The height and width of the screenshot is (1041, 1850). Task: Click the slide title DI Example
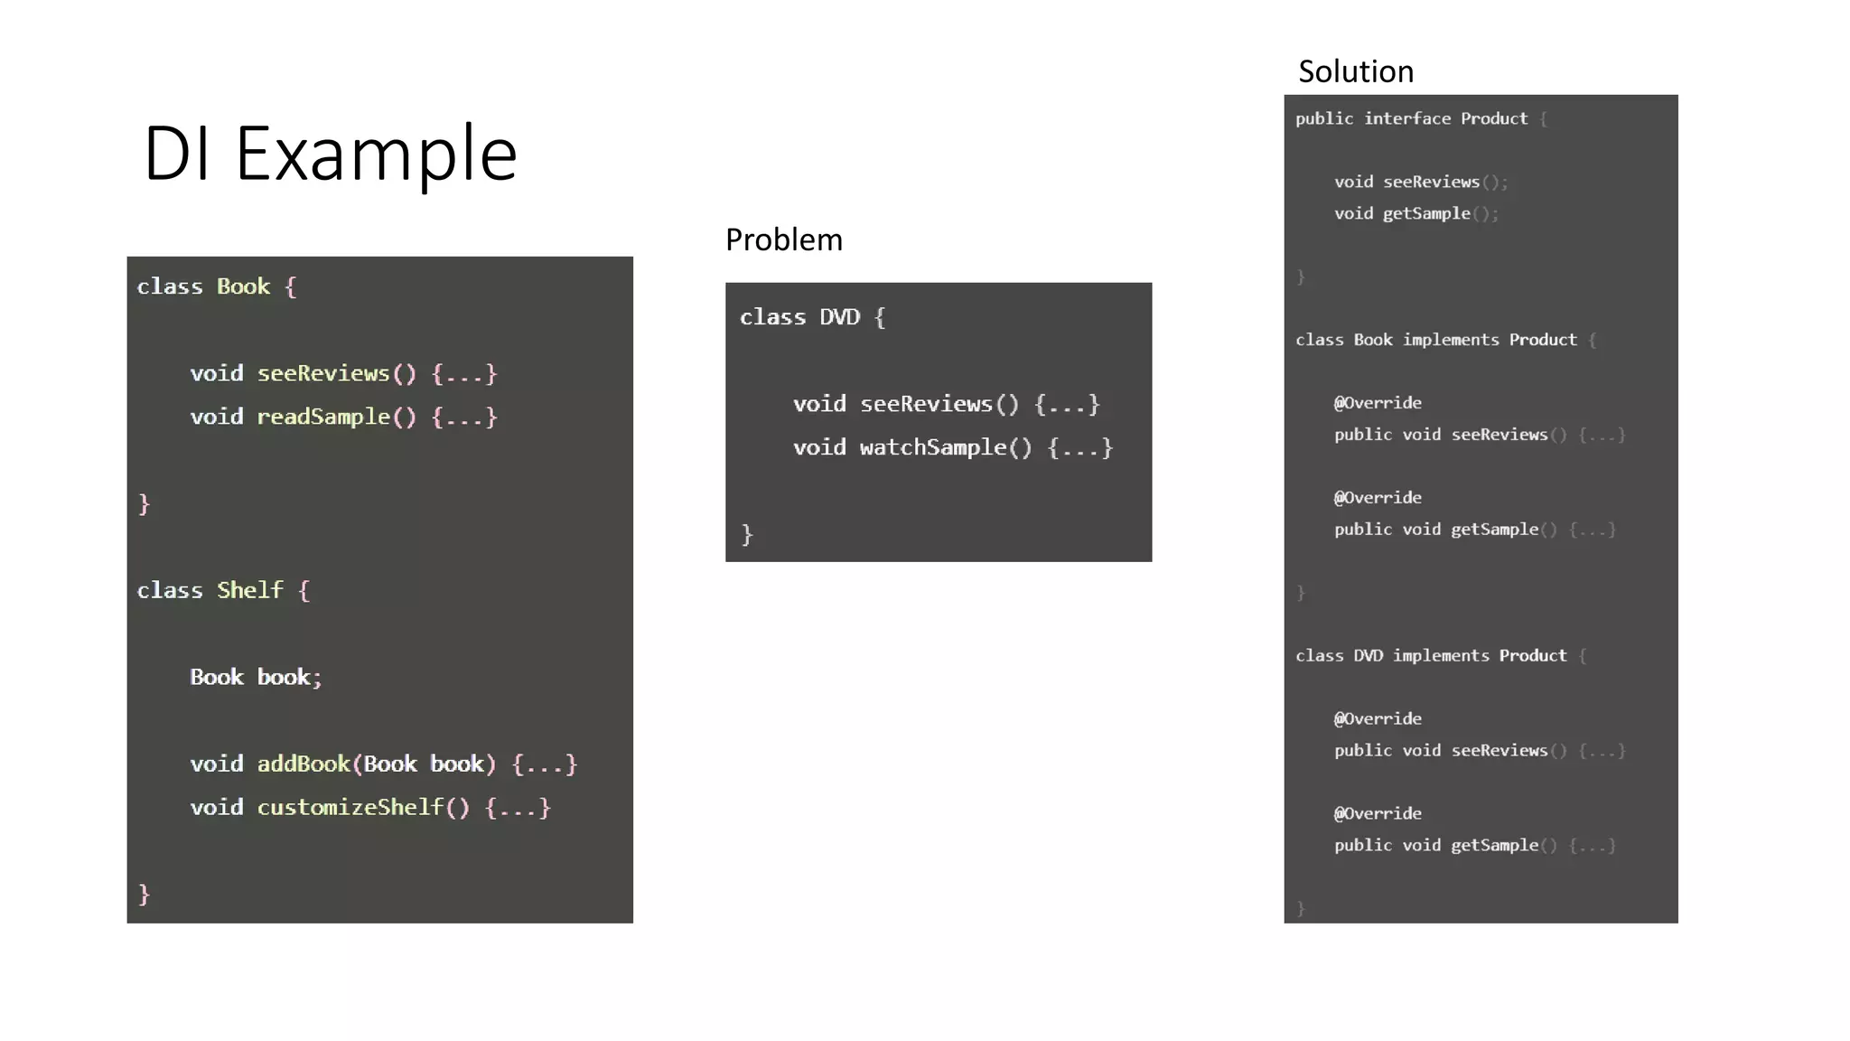[x=330, y=154]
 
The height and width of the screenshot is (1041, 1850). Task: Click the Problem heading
[x=783, y=240]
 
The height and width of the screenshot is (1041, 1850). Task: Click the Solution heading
[x=1355, y=72]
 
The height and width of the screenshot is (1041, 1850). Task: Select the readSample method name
[x=323, y=417]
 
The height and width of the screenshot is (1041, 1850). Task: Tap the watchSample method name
[x=932, y=447]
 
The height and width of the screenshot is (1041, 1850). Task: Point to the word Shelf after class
[x=249, y=590]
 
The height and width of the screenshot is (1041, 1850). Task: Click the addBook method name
[x=303, y=764]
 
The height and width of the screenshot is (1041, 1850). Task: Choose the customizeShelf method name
[x=350, y=807]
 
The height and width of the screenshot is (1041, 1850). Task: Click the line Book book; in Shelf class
[x=256, y=677]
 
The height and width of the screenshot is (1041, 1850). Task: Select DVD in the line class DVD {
[x=839, y=317]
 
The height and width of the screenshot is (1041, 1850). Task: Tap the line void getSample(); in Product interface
[x=1416, y=213]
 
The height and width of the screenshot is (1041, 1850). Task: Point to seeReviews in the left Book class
[x=323, y=373]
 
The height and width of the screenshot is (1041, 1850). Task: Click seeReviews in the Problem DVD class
[x=926, y=404]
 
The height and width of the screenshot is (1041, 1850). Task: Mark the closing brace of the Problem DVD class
[x=747, y=534]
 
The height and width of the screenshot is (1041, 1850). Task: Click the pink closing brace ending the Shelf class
[x=144, y=894]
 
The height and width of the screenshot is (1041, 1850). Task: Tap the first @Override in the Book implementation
[x=1378, y=403]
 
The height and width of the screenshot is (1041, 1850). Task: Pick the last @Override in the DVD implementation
[x=1378, y=813]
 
